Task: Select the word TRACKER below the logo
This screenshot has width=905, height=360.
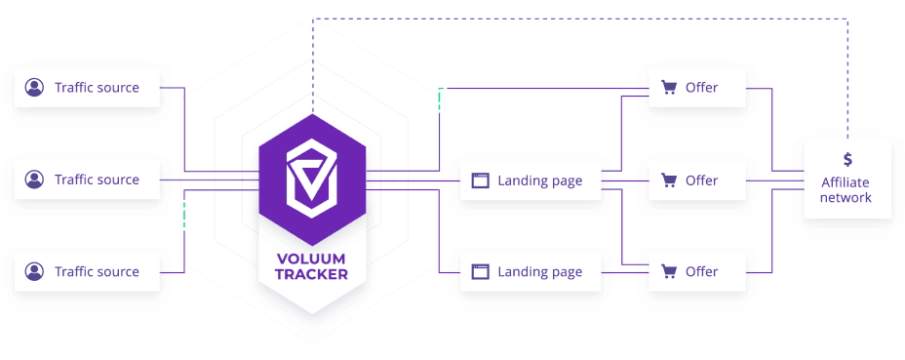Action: (x=312, y=275)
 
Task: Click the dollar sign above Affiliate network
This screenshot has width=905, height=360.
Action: (x=847, y=159)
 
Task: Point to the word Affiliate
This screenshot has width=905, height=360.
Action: (x=846, y=182)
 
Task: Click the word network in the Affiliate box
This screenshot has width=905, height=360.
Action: (x=846, y=198)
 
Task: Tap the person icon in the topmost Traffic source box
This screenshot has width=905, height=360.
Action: (x=35, y=88)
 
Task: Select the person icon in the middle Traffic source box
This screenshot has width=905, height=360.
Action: (x=35, y=180)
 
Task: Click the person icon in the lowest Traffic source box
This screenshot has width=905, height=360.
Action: (x=35, y=271)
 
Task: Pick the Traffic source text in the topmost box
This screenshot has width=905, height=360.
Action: (x=97, y=88)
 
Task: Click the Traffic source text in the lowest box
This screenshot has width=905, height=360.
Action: (x=97, y=271)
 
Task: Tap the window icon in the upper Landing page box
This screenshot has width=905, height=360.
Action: (x=480, y=180)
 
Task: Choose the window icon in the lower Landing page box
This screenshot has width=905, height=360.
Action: (x=480, y=272)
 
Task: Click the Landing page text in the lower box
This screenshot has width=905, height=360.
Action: (x=539, y=272)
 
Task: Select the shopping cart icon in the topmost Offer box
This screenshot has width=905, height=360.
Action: (x=669, y=88)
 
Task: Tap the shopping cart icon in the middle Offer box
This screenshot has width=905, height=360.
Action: (x=669, y=180)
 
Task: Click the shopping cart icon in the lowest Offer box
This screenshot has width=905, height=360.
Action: (x=669, y=271)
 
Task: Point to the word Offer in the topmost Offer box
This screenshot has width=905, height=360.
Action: (x=701, y=88)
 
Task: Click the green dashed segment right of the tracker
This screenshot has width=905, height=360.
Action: (x=440, y=100)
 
